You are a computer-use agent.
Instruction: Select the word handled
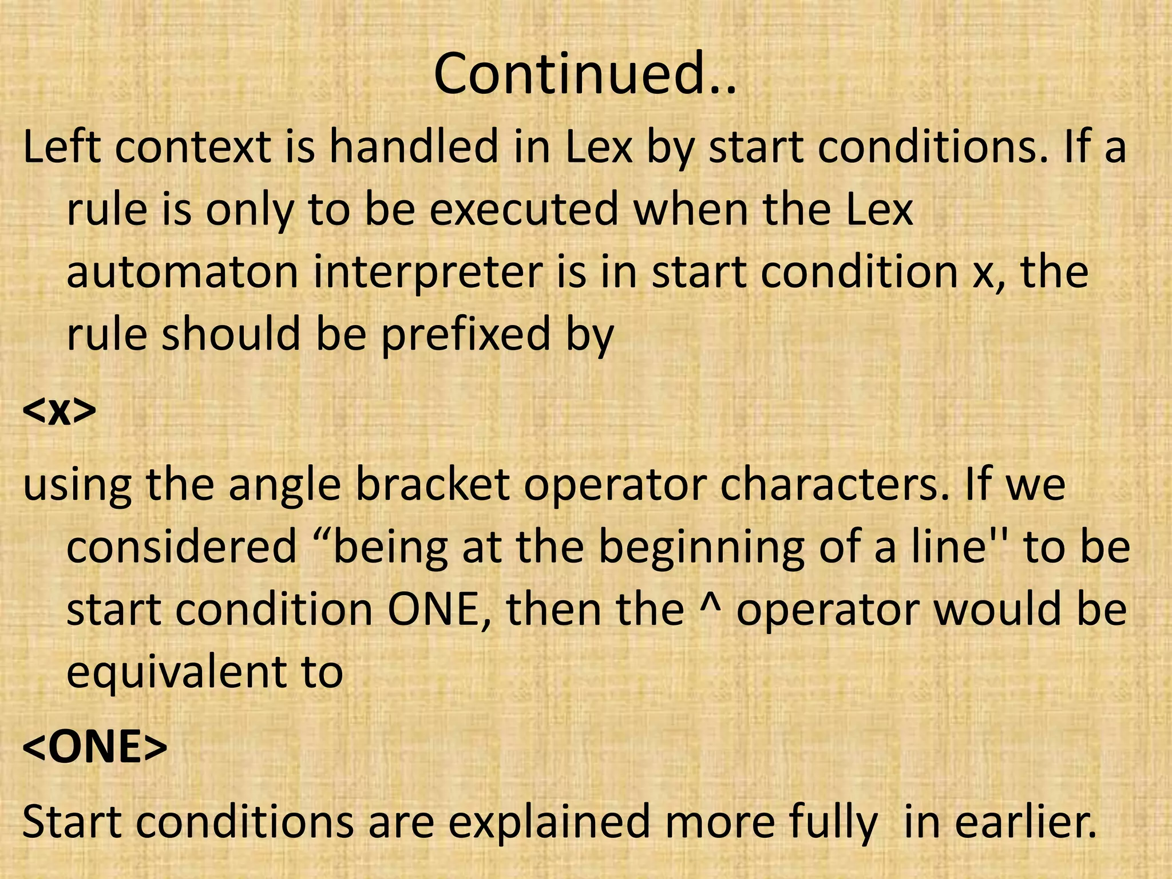pyautogui.click(x=413, y=148)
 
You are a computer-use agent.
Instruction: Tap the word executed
pyautogui.click(x=524, y=209)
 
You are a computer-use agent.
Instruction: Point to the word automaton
pyautogui.click(x=183, y=272)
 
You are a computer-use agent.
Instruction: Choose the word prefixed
pyautogui.click(x=465, y=334)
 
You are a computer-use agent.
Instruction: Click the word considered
pyautogui.click(x=181, y=547)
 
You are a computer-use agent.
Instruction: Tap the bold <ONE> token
pyautogui.click(x=94, y=747)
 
